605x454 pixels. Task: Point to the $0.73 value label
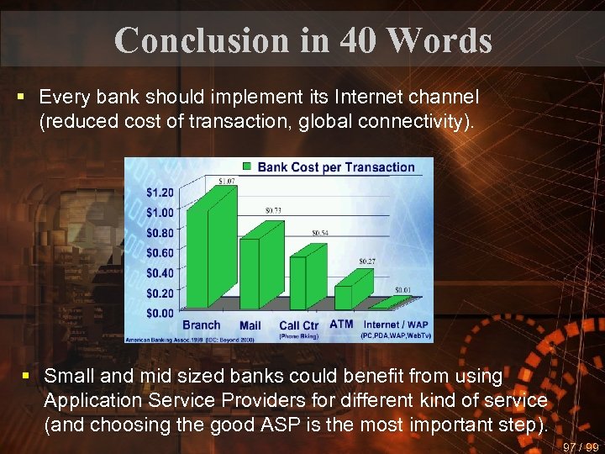[x=274, y=209]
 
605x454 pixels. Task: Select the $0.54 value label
[x=320, y=233]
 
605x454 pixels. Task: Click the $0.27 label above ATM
[x=367, y=261]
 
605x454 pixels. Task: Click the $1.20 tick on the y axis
[x=160, y=193]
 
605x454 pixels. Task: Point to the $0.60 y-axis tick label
[x=160, y=253]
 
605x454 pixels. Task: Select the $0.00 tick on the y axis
[x=160, y=313]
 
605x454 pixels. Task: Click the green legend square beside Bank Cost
[x=247, y=166]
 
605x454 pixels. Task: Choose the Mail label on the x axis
[x=250, y=325]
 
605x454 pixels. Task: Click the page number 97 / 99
[x=581, y=446]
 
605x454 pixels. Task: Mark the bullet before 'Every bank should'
[x=20, y=98]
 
